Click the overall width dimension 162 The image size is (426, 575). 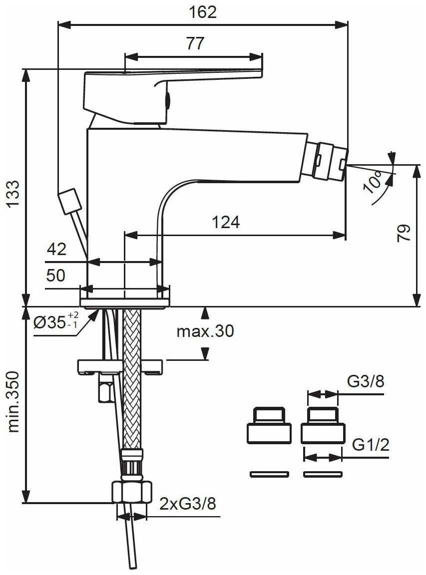pyautogui.click(x=203, y=12)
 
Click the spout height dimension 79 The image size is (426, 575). pyautogui.click(x=404, y=233)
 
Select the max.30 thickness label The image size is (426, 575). pyautogui.click(x=205, y=331)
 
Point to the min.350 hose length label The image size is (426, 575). pyautogui.click(x=13, y=402)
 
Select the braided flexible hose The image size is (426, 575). pyautogui.click(x=132, y=379)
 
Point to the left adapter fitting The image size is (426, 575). pyautogui.click(x=269, y=427)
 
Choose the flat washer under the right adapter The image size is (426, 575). pyautogui.click(x=323, y=474)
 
